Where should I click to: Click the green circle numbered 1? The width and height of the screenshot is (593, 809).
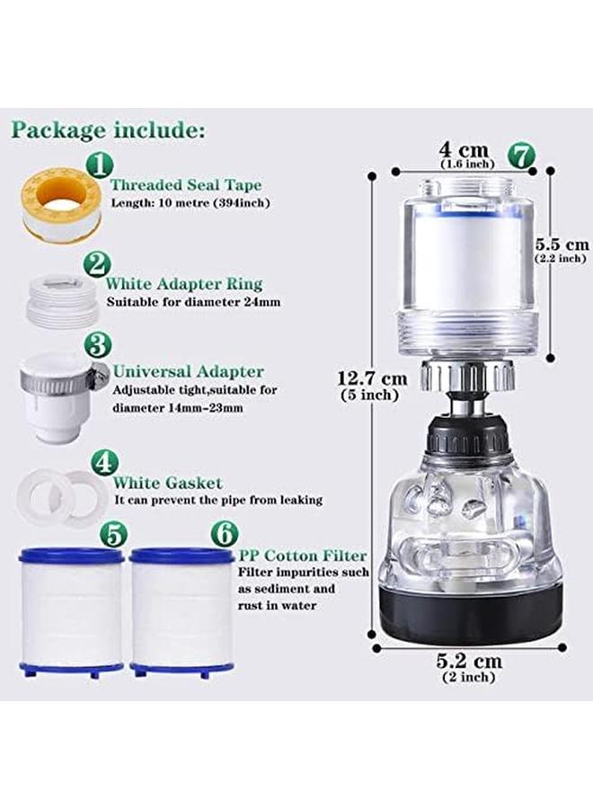pos(101,164)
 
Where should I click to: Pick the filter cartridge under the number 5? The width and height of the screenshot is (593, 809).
pos(70,610)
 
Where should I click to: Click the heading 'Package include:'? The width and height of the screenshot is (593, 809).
pos(107,129)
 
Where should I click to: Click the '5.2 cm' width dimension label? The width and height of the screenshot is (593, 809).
pos(470,661)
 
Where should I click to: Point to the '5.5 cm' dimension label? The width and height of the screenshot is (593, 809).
pos(562,244)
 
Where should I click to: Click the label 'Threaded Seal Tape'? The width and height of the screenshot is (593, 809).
pos(186,185)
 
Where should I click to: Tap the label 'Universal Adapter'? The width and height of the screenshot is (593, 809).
pos(189,371)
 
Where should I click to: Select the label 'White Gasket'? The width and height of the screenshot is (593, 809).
pos(168,483)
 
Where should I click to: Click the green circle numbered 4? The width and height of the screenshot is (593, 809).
pos(106,462)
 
